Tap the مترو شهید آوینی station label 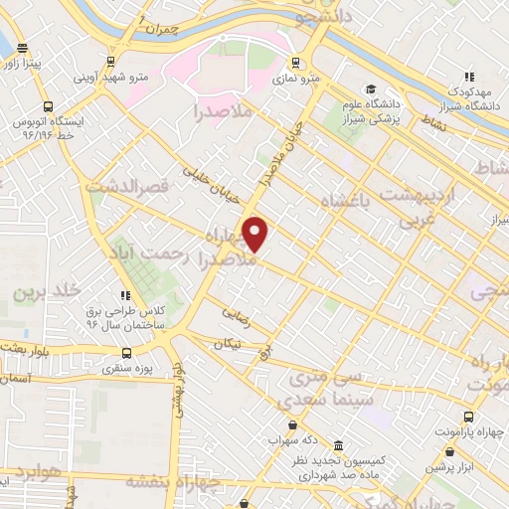click(111, 76)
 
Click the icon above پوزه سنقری click(126, 352)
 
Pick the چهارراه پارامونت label click(469, 433)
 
